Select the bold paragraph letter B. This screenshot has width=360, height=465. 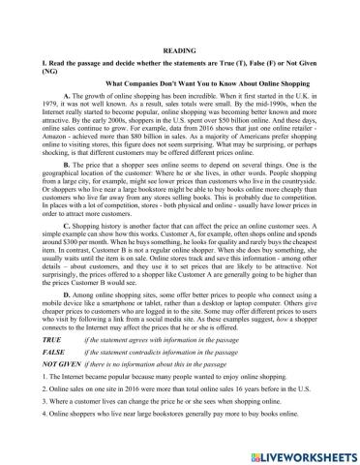click(65, 165)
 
